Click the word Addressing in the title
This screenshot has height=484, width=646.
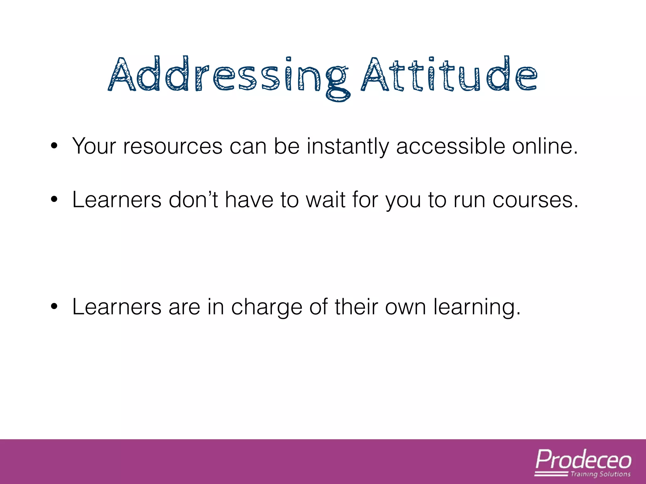229,76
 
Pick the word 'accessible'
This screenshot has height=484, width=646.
450,146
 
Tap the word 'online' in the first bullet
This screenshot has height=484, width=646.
544,146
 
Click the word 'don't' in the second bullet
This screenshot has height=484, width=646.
193,200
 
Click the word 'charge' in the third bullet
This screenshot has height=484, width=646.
267,307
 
